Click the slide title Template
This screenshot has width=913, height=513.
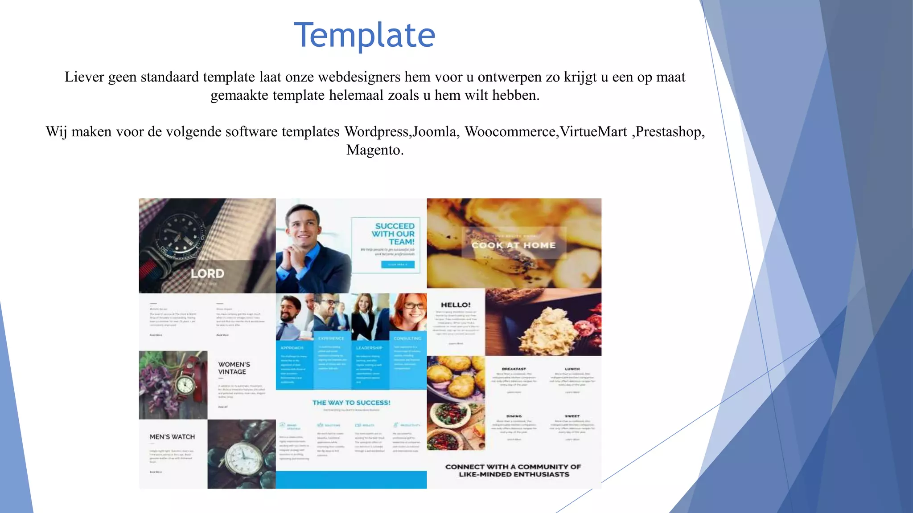click(x=365, y=35)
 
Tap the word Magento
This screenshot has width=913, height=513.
click(x=374, y=150)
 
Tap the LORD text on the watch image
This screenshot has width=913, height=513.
click(x=207, y=273)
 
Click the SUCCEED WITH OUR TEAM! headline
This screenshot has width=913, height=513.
click(x=394, y=234)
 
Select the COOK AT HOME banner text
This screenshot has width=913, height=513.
click(x=514, y=245)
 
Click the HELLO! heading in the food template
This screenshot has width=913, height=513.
click(x=456, y=305)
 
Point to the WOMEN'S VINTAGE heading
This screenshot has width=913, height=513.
click(x=234, y=368)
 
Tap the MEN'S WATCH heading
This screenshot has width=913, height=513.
click(x=172, y=437)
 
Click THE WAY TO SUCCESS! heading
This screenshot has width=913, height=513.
click(x=351, y=403)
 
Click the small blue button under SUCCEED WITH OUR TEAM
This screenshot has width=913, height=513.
click(x=398, y=265)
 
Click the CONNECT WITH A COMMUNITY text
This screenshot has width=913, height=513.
click(x=514, y=471)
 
